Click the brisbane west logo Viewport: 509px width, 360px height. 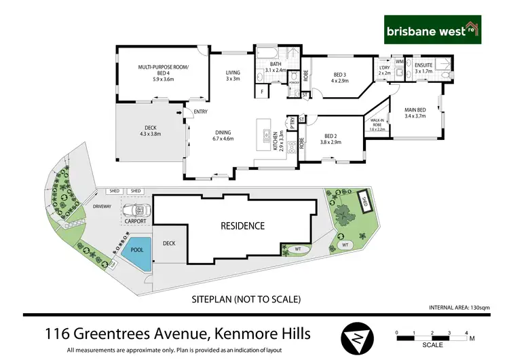click(432, 31)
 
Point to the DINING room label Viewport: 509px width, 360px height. click(223, 134)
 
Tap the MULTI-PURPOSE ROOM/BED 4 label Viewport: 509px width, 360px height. click(164, 71)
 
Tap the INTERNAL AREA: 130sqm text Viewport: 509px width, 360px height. click(459, 308)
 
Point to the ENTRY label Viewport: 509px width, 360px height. click(200, 112)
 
